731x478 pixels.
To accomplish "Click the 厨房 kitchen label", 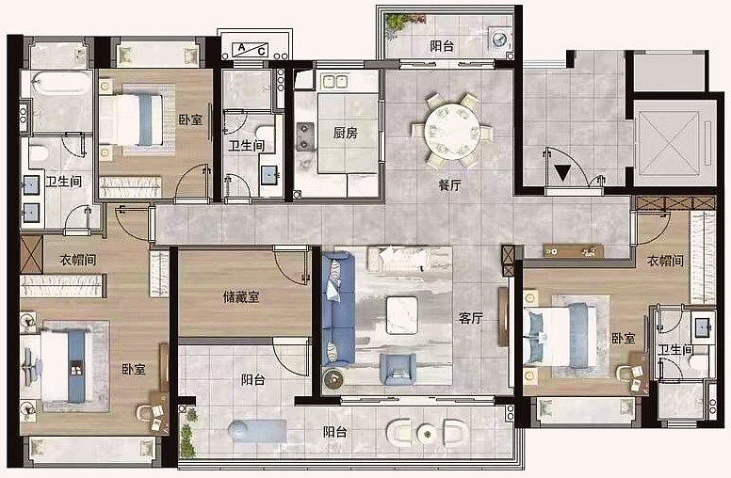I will click(344, 133).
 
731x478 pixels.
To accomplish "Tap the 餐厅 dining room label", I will click(450, 185).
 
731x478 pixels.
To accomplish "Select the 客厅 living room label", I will click(470, 318).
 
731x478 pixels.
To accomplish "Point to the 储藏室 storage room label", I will click(241, 297).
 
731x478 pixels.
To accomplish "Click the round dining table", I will click(451, 130).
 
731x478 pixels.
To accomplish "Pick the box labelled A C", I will click(250, 49).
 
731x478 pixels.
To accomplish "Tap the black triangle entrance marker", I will click(562, 172).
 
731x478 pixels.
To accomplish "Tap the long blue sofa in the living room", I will click(336, 309).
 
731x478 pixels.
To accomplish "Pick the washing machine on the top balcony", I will click(499, 40).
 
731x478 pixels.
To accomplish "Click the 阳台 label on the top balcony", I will click(443, 45).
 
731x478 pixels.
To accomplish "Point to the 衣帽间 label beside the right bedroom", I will click(665, 260).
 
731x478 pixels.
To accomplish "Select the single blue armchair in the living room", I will click(398, 368).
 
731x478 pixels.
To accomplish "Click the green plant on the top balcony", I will click(399, 21).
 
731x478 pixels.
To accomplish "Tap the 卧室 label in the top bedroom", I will click(191, 119).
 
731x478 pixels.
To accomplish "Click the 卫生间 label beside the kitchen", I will click(245, 146).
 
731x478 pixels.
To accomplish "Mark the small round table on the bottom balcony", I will click(428, 434).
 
